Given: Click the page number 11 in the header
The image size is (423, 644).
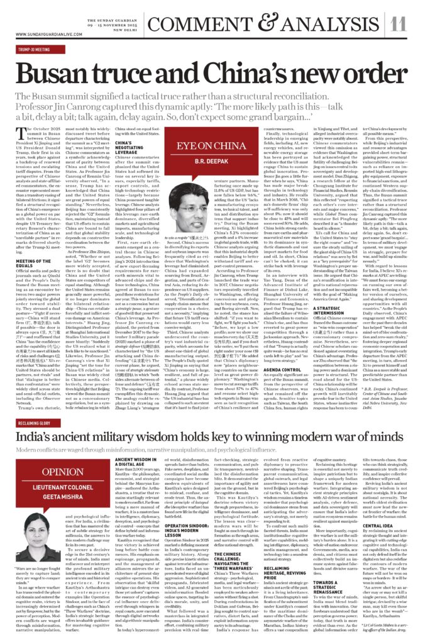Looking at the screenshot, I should [397, 24].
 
